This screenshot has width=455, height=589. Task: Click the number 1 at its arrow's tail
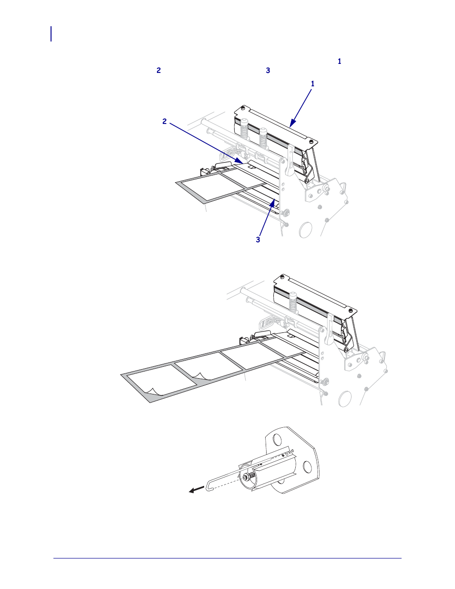[x=312, y=84]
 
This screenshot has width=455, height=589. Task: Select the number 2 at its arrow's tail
[x=165, y=122]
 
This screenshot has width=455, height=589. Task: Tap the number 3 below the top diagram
[x=258, y=240]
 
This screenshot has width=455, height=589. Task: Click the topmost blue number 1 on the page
[x=340, y=62]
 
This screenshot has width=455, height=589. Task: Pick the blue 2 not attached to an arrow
[x=159, y=71]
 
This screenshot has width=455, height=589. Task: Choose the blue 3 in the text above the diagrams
[x=268, y=71]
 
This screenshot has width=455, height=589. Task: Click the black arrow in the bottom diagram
[x=196, y=490]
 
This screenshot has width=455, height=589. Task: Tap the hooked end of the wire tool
[x=207, y=487]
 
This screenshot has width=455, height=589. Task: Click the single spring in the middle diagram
[x=292, y=303]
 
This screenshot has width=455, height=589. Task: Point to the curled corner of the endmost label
[x=152, y=392]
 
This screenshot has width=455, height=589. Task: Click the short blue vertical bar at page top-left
[x=51, y=34]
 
